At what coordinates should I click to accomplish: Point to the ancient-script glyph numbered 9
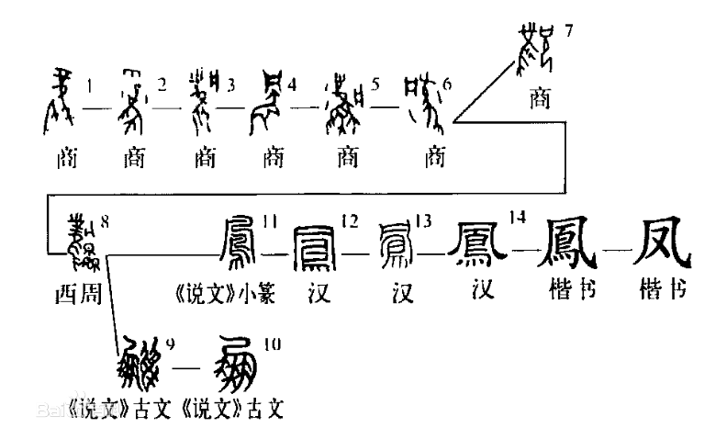[141, 366]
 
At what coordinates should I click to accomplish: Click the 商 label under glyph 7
[542, 96]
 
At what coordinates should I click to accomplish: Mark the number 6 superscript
[448, 85]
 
